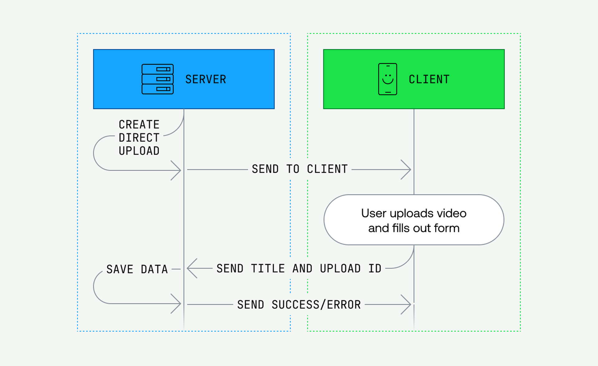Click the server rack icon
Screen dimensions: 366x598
pyautogui.click(x=158, y=79)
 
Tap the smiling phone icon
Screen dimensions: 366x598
pyautogui.click(x=387, y=79)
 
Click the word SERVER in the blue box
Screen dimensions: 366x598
pyautogui.click(x=206, y=79)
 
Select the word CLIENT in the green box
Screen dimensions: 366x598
pyautogui.click(x=429, y=79)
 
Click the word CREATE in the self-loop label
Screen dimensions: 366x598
pyautogui.click(x=139, y=124)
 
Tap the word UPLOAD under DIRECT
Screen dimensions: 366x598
pyautogui.click(x=139, y=151)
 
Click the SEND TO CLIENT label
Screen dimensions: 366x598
pyautogui.click(x=300, y=169)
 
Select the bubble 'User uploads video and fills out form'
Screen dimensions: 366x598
pyautogui.click(x=414, y=220)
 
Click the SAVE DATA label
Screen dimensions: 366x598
pyautogui.click(x=137, y=269)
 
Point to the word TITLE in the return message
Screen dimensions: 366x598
pyautogui.click(x=268, y=268)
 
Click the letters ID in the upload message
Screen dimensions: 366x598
pyautogui.click(x=375, y=268)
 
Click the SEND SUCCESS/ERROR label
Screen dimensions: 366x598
pyautogui.click(x=299, y=305)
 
